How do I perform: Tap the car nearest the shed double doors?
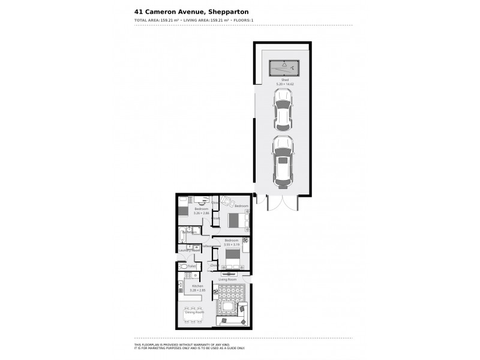pos(282,161)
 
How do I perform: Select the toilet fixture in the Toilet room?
pos(183,266)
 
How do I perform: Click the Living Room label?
pos(227,280)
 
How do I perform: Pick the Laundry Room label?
pos(188,250)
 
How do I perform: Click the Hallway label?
pos(207,246)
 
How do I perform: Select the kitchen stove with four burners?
pos(188,275)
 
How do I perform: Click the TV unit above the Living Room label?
pos(228,274)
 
